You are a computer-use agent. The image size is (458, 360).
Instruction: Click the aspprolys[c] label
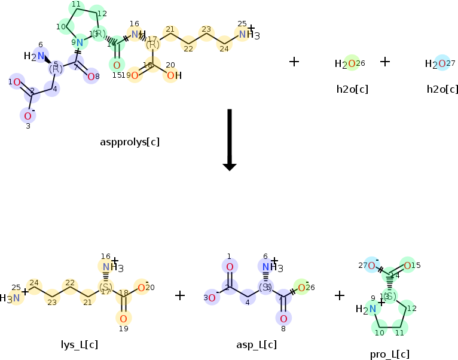[130, 142]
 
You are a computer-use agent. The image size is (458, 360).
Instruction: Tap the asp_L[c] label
[257, 344]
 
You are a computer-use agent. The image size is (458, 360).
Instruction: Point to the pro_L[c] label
[389, 354]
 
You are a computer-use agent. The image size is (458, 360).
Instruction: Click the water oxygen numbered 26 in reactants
[352, 64]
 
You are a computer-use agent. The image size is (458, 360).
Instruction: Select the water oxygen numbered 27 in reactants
[442, 64]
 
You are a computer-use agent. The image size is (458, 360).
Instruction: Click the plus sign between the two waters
[385, 62]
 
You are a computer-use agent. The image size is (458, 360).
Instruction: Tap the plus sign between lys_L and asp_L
[180, 295]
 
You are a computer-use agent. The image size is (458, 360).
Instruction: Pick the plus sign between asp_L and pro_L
[340, 295]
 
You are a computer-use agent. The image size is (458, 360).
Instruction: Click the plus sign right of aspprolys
[294, 62]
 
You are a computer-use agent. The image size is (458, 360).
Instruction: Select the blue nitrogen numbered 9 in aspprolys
[80, 43]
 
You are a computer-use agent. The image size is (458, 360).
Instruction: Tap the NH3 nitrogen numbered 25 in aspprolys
[243, 35]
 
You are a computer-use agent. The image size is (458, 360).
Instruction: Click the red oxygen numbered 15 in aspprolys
[117, 65]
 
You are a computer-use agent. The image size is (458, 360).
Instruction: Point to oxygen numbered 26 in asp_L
[302, 288]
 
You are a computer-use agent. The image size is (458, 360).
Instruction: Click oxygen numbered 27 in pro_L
[372, 266]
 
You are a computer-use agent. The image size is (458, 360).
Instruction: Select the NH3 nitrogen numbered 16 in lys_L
[106, 267]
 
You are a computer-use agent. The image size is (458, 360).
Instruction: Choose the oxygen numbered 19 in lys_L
[123, 318]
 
